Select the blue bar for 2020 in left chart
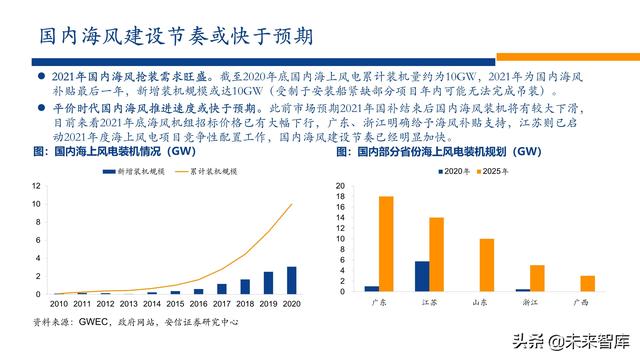point(291,280)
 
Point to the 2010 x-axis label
point(60,303)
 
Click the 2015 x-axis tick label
point(175,303)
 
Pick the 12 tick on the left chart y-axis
point(37,186)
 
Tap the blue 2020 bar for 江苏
point(421,276)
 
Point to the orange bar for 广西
point(587,283)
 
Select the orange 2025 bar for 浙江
point(537,278)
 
